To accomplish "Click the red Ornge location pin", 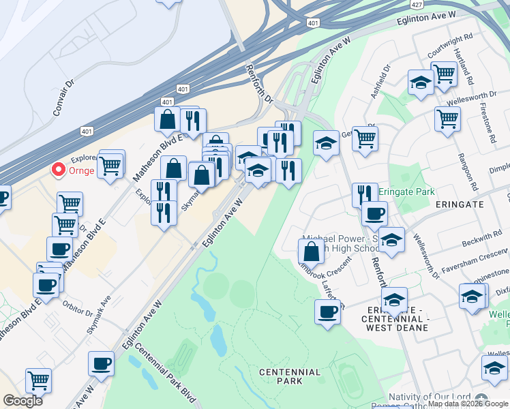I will point(59,169).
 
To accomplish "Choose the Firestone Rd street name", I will point(491,123).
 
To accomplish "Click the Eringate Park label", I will point(407,192).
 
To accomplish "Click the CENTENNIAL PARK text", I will point(290,376).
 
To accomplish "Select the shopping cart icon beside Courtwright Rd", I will point(444,73).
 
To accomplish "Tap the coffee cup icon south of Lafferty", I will point(327,312).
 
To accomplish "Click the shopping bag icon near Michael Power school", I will point(311,251).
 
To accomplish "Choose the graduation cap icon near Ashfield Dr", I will point(421,83).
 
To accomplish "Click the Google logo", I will point(22,401).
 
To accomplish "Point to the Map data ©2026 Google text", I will point(468,404).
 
